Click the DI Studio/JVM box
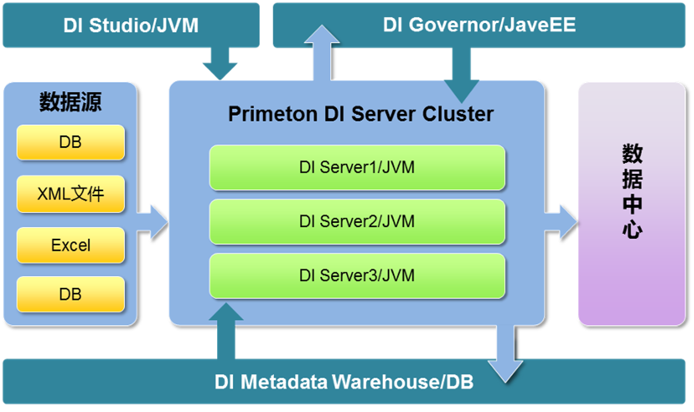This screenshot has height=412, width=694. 130,25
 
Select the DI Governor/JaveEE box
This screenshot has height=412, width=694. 479,25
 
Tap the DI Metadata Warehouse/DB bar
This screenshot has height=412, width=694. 343,382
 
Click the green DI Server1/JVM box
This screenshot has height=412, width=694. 357,167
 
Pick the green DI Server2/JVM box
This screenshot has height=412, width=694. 357,221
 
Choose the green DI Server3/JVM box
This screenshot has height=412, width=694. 357,275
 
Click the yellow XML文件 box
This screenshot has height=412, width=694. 71,194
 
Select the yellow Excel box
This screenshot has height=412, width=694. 71,245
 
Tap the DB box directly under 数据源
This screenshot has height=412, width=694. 71,142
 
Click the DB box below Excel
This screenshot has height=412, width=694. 71,294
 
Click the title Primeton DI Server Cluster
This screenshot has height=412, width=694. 360,114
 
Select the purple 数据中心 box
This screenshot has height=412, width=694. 631,202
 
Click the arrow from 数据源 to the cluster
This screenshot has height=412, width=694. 153,221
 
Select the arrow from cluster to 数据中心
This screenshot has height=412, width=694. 561,221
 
